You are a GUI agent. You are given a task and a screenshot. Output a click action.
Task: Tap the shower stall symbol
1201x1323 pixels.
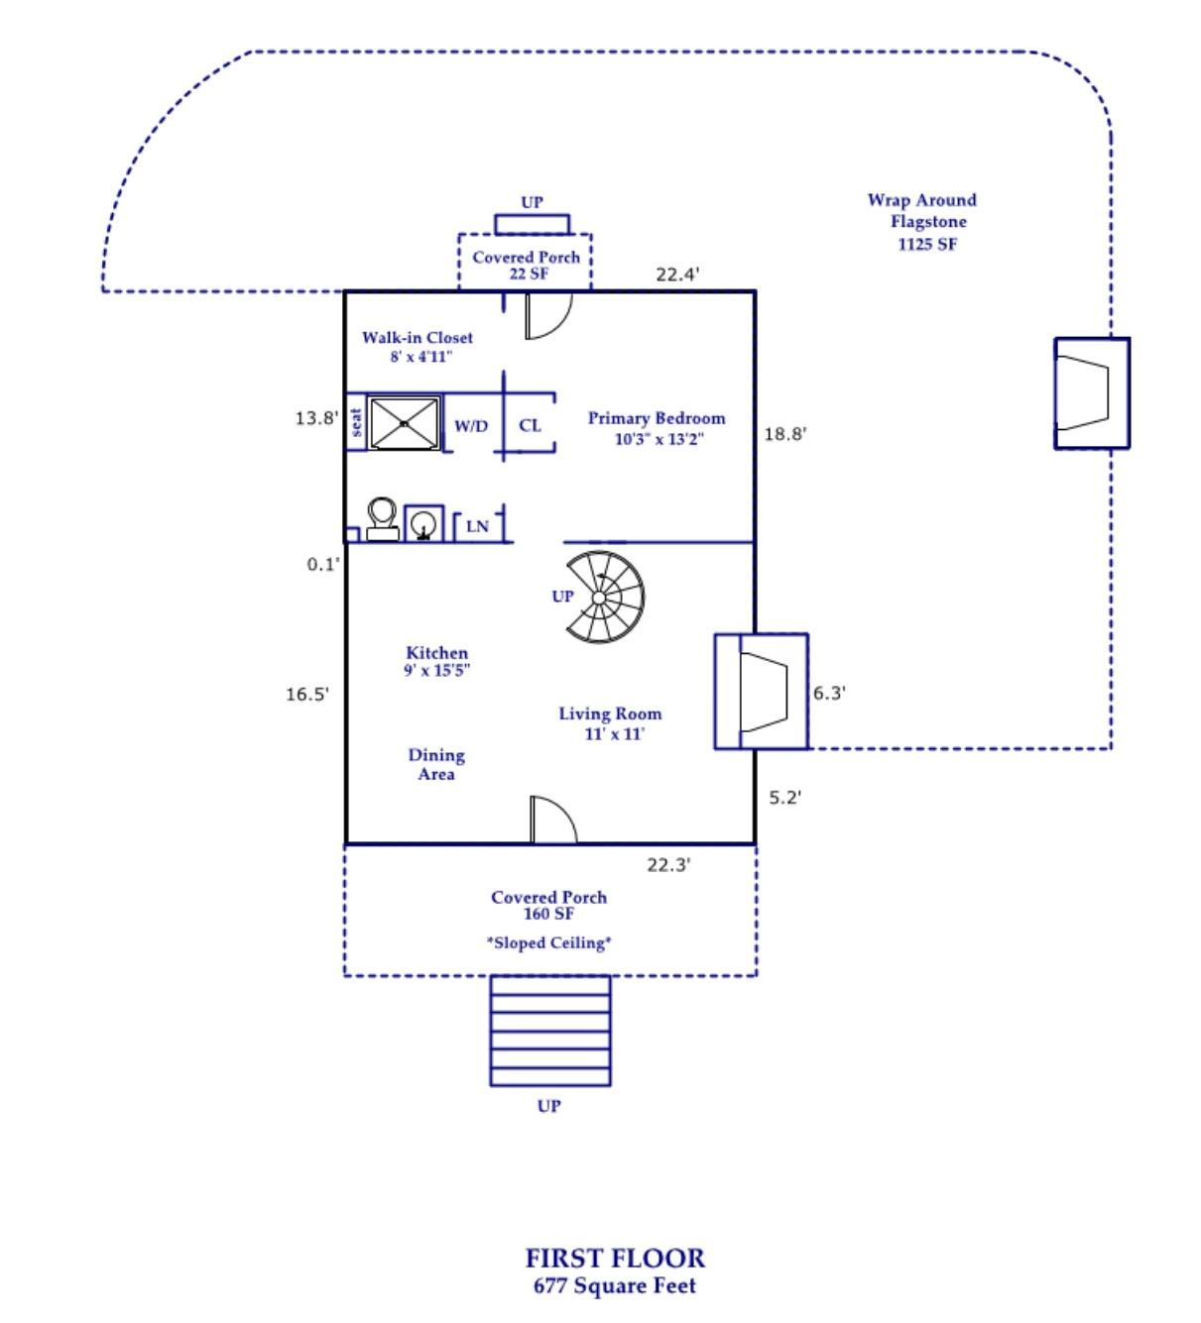click(x=404, y=423)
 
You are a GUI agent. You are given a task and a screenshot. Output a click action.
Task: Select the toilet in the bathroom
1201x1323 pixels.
click(x=382, y=519)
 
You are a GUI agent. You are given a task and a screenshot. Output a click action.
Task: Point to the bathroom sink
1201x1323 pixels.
click(x=423, y=523)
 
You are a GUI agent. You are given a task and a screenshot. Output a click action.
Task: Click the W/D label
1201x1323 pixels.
click(x=471, y=426)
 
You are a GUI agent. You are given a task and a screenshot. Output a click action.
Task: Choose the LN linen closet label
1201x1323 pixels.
click(x=478, y=526)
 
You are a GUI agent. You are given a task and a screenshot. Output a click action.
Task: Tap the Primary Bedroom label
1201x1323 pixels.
click(x=657, y=428)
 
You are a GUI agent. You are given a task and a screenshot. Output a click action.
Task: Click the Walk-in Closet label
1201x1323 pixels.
click(x=418, y=346)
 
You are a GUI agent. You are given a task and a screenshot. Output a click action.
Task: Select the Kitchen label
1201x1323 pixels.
click(x=436, y=661)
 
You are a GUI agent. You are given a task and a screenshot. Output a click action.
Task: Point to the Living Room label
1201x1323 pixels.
click(x=610, y=722)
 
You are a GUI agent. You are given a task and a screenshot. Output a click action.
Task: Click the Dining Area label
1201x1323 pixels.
click(x=436, y=764)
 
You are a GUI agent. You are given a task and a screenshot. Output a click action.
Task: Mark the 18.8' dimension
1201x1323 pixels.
click(x=785, y=433)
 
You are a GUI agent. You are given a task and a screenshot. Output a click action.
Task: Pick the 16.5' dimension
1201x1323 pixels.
click(x=307, y=694)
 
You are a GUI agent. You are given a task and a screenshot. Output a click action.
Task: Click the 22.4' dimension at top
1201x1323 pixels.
click(x=677, y=274)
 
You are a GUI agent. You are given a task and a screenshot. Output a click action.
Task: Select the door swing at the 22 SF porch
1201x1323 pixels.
click(x=546, y=315)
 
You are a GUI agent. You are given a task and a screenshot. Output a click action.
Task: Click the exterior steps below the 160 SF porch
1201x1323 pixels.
click(x=550, y=1031)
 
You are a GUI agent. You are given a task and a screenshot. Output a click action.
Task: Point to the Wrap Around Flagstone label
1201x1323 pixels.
click(x=923, y=222)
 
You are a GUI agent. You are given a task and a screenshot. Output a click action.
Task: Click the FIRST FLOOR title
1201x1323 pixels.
click(x=615, y=1259)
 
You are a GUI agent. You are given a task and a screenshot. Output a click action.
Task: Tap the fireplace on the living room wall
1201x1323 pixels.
click(x=762, y=691)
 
